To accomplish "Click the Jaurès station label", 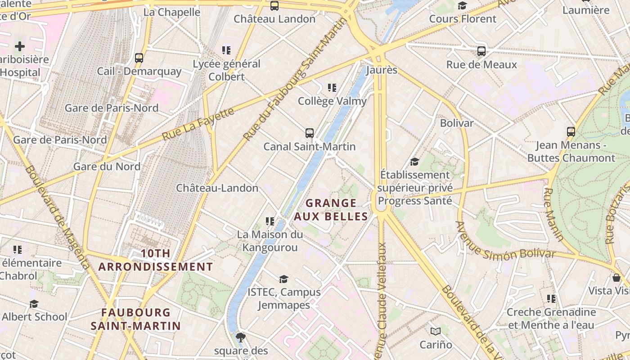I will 382,70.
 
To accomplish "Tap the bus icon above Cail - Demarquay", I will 139,58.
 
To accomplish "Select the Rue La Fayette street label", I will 198,123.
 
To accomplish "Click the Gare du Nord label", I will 107,166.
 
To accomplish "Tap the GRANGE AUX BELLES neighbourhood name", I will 331,210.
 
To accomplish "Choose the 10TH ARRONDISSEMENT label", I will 156,260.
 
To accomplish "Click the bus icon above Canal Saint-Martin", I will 310,133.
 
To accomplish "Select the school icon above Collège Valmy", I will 332,87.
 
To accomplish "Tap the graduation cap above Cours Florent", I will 462,5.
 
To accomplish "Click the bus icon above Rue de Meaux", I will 481,51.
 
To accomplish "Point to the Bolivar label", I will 457,123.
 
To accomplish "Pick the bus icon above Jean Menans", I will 571,132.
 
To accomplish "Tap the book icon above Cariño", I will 435,332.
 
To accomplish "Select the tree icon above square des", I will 241,337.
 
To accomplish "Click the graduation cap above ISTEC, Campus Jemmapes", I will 283,279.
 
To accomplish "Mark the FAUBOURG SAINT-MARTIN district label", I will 135,319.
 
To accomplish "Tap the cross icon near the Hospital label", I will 20,46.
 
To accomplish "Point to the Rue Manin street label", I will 553,214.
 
